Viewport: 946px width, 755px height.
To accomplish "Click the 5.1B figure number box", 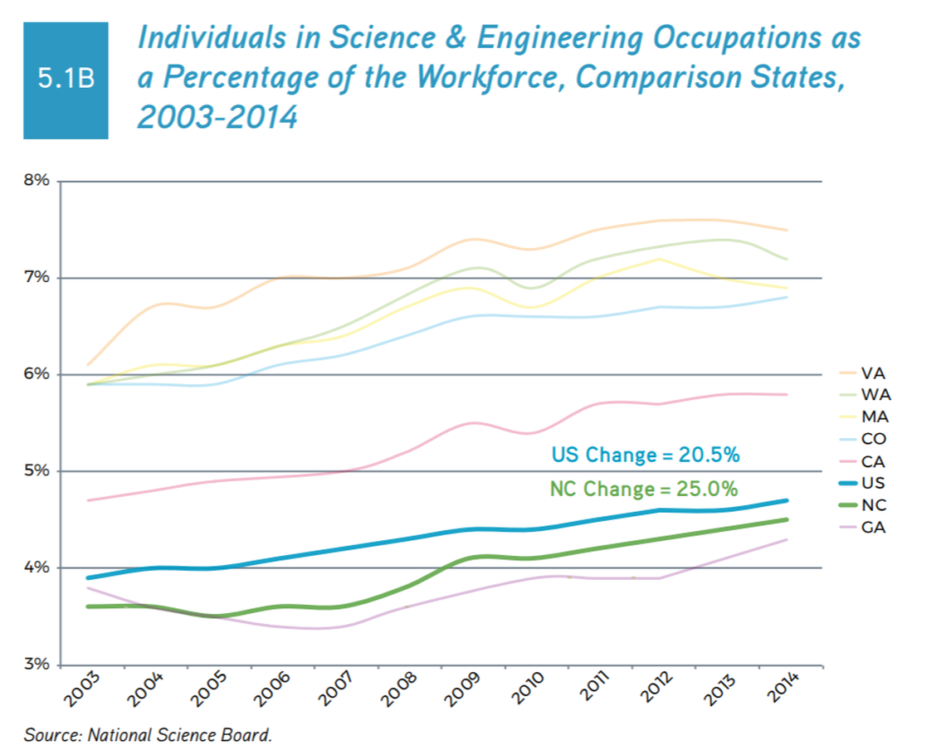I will (66, 80).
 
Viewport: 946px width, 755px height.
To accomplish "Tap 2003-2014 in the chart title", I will (217, 117).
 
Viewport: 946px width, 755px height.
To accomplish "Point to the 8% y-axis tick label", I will (37, 181).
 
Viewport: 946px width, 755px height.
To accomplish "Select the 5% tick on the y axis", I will (37, 471).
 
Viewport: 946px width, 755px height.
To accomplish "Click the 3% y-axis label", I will (37, 665).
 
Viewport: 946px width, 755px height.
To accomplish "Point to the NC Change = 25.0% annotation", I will (644, 489).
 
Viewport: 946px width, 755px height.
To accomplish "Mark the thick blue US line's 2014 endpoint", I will (786, 500).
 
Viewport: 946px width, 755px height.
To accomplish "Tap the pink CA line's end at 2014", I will (786, 394).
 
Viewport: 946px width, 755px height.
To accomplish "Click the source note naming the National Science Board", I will (148, 734).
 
